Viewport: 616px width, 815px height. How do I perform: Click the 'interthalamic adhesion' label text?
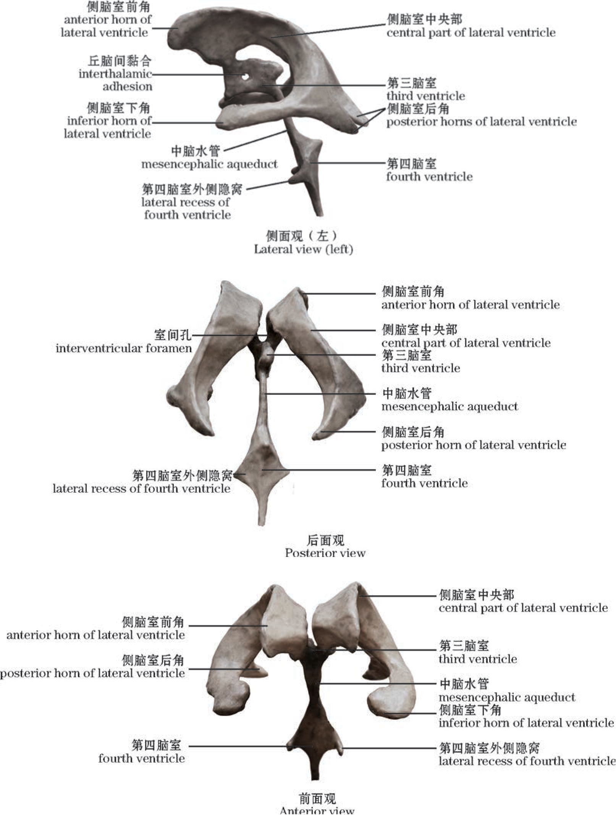(115, 74)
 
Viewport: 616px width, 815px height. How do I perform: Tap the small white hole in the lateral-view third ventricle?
(245, 77)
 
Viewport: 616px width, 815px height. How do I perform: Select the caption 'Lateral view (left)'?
(303, 249)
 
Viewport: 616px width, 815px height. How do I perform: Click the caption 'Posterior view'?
(325, 553)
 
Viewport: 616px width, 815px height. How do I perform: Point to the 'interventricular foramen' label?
(124, 348)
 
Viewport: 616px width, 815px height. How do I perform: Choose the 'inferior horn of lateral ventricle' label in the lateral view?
(108, 121)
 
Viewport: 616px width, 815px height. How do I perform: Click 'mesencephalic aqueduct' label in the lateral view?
(209, 164)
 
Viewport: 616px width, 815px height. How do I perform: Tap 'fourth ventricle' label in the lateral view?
(429, 176)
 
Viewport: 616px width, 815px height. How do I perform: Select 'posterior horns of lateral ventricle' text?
(481, 122)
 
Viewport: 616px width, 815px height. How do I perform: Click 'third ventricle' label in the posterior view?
(420, 368)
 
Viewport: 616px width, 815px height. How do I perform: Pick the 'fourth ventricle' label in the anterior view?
(142, 758)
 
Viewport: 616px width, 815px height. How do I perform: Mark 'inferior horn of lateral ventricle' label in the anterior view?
(526, 723)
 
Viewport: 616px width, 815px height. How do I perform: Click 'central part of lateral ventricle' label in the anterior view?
(523, 608)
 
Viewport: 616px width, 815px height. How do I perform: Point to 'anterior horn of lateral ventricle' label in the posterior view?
(470, 304)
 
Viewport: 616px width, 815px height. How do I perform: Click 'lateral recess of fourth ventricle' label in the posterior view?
(142, 488)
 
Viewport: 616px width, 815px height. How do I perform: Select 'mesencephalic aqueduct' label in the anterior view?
(506, 697)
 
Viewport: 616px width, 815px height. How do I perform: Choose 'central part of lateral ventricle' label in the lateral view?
(471, 32)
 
